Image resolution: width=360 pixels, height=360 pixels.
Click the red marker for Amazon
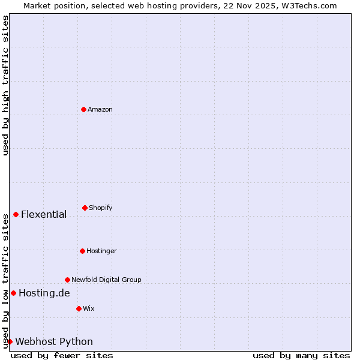(83, 109)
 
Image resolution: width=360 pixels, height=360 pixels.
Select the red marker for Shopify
(85, 208)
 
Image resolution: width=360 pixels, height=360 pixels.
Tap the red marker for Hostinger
(82, 251)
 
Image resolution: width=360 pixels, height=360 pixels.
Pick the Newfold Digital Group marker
(67, 280)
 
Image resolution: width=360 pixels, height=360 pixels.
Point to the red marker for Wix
(79, 308)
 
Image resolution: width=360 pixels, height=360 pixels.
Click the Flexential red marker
(16, 214)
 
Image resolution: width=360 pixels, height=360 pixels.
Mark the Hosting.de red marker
(13, 293)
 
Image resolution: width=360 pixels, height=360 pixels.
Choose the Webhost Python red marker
(10, 341)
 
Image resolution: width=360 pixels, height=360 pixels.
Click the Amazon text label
(100, 109)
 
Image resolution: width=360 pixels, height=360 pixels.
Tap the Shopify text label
(101, 208)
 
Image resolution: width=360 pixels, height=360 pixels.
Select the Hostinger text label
(101, 251)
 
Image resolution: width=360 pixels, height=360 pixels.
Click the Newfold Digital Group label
(106, 280)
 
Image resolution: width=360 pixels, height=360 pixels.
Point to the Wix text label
(89, 308)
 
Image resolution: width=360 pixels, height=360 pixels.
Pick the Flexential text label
(44, 215)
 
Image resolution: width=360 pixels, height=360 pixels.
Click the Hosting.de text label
(44, 293)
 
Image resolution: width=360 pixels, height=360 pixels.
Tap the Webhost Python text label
(54, 342)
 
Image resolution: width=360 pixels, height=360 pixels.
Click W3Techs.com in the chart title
(310, 6)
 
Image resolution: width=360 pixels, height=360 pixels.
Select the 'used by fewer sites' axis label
(62, 355)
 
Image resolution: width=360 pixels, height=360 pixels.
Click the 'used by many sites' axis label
(301, 355)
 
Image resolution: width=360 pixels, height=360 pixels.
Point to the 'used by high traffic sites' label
(5, 85)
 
